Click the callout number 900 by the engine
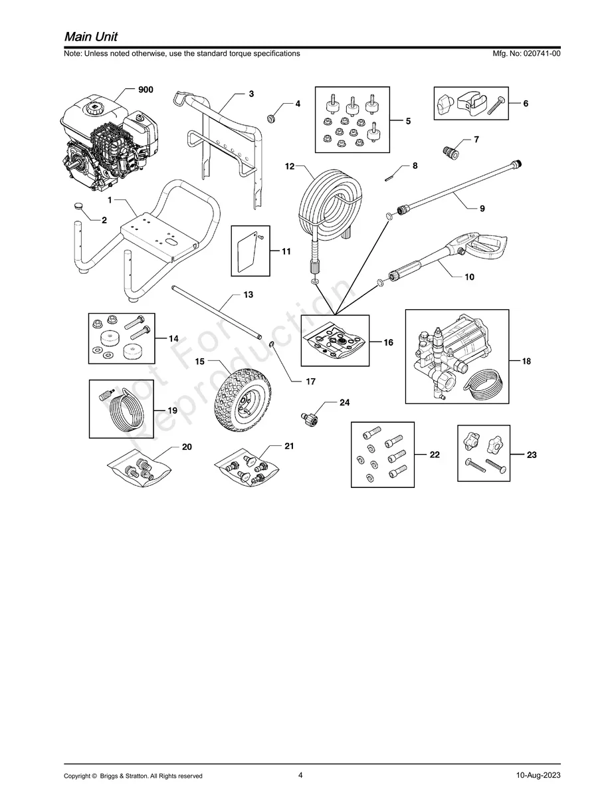(x=146, y=90)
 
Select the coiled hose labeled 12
(x=330, y=202)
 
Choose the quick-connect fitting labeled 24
(x=308, y=418)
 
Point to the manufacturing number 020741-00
(x=536, y=53)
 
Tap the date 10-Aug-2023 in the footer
(x=538, y=775)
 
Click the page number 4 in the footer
(x=300, y=774)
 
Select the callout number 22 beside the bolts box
(x=435, y=455)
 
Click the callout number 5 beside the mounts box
(x=408, y=122)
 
